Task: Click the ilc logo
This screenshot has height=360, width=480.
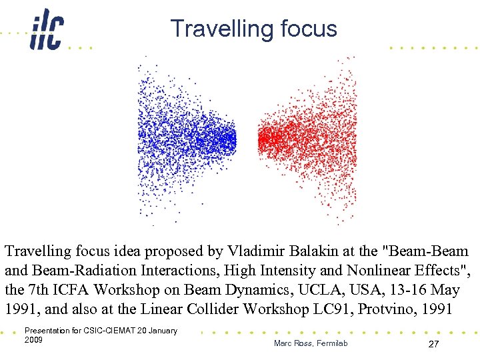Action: tap(46, 31)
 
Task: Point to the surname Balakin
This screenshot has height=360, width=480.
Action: tap(323, 252)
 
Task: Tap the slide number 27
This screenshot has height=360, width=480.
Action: tap(433, 343)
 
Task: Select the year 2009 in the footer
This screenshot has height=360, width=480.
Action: tap(33, 340)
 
